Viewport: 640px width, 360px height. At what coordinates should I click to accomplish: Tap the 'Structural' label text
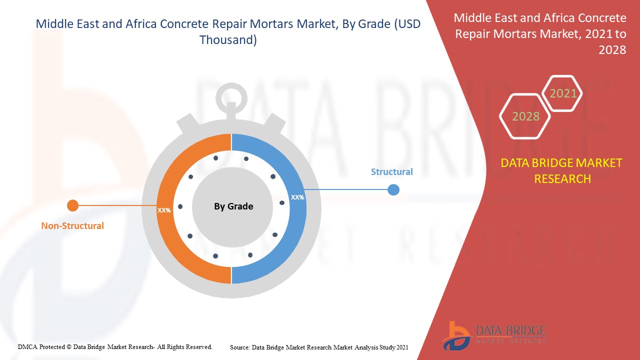(391, 172)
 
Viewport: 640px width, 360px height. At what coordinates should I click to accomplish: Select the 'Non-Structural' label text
(72, 226)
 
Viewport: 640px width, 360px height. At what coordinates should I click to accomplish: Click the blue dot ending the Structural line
(393, 190)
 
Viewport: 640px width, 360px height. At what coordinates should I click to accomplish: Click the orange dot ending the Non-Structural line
(73, 205)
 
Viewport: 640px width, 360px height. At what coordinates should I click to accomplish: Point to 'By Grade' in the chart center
(233, 206)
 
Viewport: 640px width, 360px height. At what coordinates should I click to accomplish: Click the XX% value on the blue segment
(297, 197)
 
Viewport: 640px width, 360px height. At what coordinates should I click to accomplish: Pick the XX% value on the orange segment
(164, 210)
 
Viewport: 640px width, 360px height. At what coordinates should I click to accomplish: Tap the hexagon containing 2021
(563, 93)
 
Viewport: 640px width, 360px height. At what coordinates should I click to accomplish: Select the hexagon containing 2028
(525, 116)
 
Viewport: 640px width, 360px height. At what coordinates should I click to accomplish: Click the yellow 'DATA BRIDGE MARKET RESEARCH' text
(562, 170)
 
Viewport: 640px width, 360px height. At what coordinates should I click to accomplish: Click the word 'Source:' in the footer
(240, 347)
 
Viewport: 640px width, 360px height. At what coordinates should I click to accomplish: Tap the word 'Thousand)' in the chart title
(228, 40)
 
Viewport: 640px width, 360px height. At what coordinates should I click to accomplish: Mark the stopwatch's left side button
(187, 122)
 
